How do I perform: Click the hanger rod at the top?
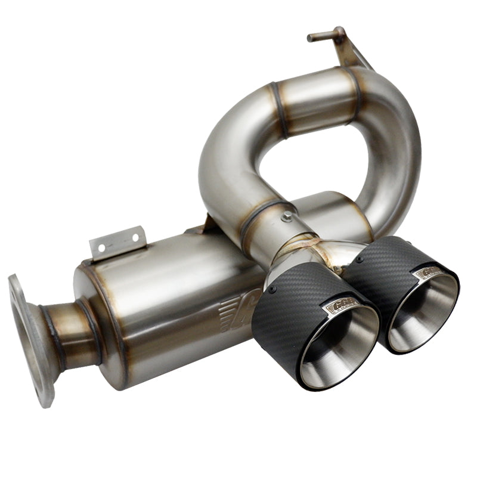point(325,35)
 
